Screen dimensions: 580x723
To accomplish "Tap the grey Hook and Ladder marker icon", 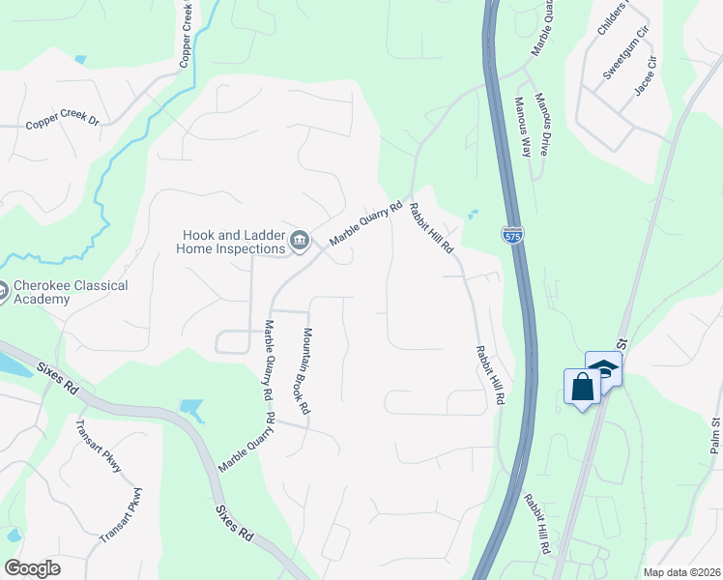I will coord(300,240).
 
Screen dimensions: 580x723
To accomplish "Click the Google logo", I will coord(32,568).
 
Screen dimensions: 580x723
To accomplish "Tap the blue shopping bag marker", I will coord(582,388).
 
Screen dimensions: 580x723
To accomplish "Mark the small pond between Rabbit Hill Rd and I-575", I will coord(472,214).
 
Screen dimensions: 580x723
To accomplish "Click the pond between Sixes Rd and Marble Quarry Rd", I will coord(191,409).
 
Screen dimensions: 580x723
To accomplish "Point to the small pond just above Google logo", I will coord(13,535).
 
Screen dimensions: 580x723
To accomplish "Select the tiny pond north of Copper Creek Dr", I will coord(80,60).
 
